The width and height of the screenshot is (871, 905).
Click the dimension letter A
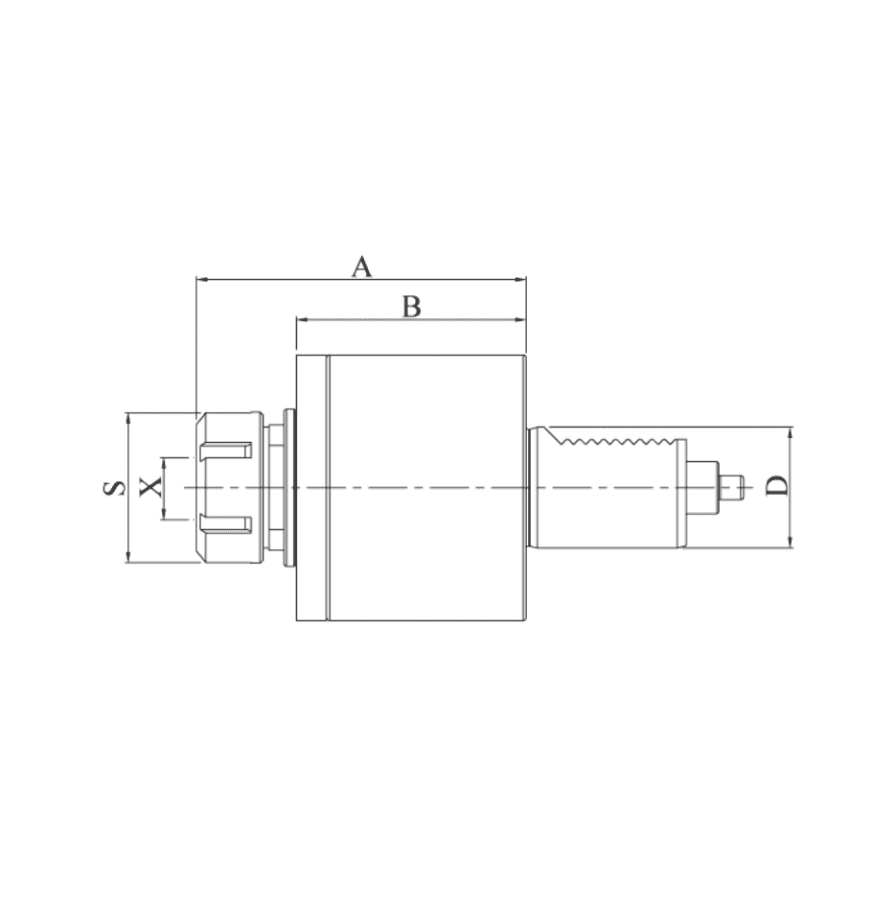click(361, 267)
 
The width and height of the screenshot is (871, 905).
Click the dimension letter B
click(411, 307)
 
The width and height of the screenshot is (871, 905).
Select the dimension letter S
click(114, 488)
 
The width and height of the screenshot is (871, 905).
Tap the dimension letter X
click(151, 487)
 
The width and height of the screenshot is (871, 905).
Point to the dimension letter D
click(776, 486)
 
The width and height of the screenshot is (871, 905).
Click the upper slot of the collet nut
click(225, 451)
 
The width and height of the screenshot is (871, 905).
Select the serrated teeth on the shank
click(617, 442)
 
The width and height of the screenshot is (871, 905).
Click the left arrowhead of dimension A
click(201, 279)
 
